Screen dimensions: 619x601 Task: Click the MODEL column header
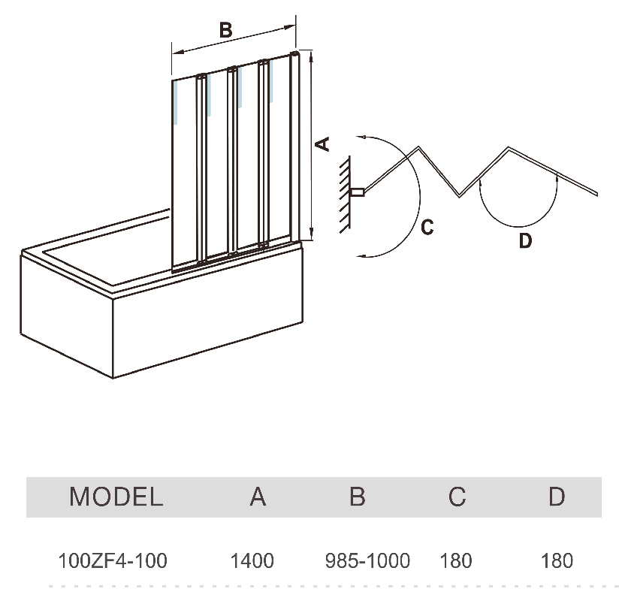pyautogui.click(x=116, y=497)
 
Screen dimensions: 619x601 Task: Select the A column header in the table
pyautogui.click(x=258, y=497)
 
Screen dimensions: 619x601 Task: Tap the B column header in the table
pyautogui.click(x=358, y=497)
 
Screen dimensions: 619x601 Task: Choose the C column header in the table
pyautogui.click(x=457, y=497)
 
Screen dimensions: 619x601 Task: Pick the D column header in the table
pyautogui.click(x=557, y=497)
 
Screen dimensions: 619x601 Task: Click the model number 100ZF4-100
pyautogui.click(x=113, y=560)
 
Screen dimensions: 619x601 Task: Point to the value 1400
pyautogui.click(x=252, y=560)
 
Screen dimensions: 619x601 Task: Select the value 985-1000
pyautogui.click(x=367, y=560)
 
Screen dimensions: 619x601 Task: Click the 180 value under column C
pyautogui.click(x=456, y=560)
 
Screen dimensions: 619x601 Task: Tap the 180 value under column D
pyautogui.click(x=557, y=560)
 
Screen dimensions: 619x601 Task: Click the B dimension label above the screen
pyautogui.click(x=226, y=30)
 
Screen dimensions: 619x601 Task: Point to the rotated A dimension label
pyautogui.click(x=322, y=144)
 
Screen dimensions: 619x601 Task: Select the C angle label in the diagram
pyautogui.click(x=427, y=227)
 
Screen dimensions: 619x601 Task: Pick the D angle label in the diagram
pyautogui.click(x=525, y=240)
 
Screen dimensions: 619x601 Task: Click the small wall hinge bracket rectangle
pyautogui.click(x=357, y=192)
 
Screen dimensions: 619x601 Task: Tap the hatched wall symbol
pyautogui.click(x=345, y=195)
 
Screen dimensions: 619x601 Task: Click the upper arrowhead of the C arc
pyautogui.click(x=361, y=137)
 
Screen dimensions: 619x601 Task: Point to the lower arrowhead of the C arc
pyautogui.click(x=361, y=257)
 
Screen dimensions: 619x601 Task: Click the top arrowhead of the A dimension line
pyautogui.click(x=312, y=56)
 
